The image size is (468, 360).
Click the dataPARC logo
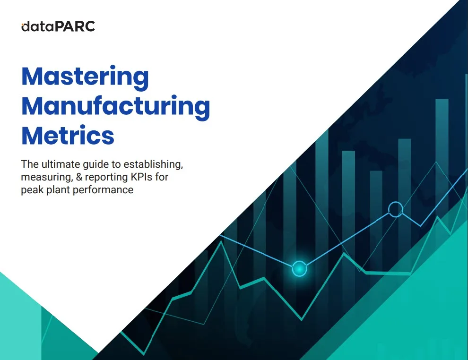point(58,26)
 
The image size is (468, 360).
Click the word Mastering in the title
point(85,77)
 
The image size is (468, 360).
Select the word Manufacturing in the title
point(116,107)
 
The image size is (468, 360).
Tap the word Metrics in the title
point(68,136)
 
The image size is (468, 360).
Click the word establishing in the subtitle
point(153,164)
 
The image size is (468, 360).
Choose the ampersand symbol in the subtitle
point(79,177)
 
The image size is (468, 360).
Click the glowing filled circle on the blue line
point(299,269)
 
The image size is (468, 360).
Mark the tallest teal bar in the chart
point(442,155)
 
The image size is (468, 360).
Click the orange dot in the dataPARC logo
point(22,24)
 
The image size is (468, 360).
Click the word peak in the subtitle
point(33,190)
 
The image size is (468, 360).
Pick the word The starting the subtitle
point(30,164)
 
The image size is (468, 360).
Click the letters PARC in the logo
point(75,26)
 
